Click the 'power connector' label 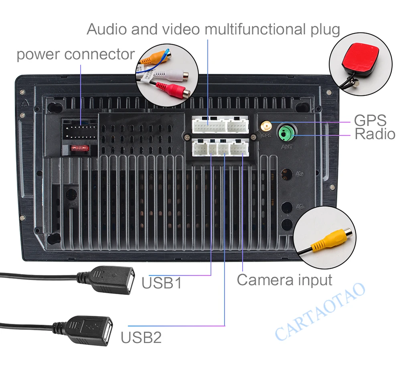pyautogui.click(x=75, y=54)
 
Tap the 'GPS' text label pyautogui.click(x=370, y=120)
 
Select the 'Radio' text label pyautogui.click(x=375, y=134)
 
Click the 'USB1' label pyautogui.click(x=162, y=283)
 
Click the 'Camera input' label pyautogui.click(x=284, y=280)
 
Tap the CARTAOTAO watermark pyautogui.click(x=321, y=311)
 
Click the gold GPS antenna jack pyautogui.click(x=265, y=126)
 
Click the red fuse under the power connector pyautogui.click(x=80, y=148)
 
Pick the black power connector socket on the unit pyautogui.click(x=80, y=128)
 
